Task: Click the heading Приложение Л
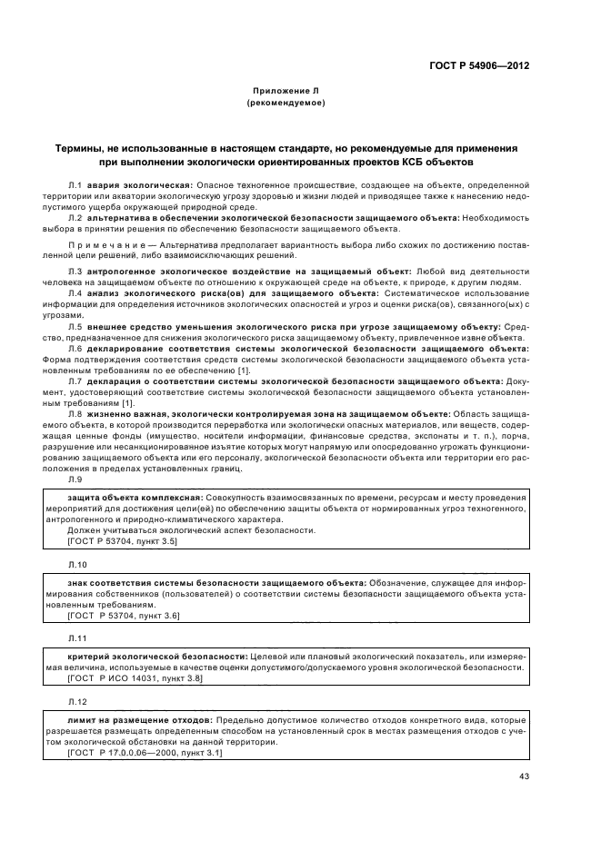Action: (285, 92)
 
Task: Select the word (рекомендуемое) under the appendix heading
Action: (285, 104)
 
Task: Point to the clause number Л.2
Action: (75, 219)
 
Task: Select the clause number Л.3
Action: (75, 272)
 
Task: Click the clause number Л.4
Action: (75, 294)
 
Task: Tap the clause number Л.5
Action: (75, 325)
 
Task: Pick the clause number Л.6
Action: (75, 349)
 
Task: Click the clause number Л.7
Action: (75, 381)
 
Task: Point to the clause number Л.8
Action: (75, 413)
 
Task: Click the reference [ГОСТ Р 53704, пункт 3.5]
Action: (123, 541)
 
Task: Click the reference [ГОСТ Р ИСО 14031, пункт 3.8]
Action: (135, 677)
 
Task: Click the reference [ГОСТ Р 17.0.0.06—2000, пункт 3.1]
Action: (145, 751)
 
